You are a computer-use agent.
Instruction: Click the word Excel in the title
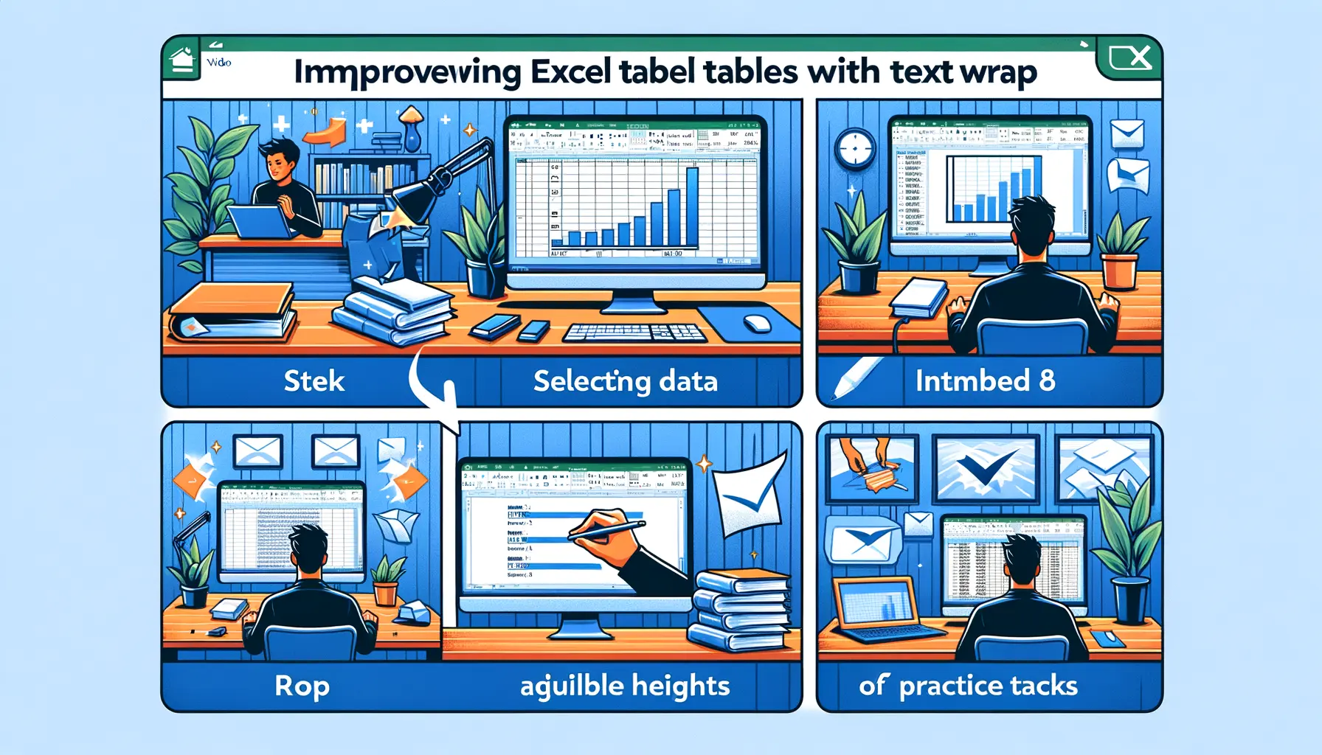(x=570, y=72)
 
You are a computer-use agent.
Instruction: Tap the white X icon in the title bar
(x=1130, y=58)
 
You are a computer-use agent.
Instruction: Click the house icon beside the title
(x=181, y=59)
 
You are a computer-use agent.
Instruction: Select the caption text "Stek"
(x=314, y=381)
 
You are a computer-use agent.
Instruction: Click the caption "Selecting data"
(x=625, y=381)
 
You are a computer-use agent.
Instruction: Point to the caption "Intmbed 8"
(x=985, y=380)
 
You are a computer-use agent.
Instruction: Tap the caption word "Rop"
(x=302, y=686)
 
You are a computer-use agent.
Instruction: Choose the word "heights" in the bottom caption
(x=680, y=686)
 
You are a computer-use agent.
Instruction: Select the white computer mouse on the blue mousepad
(x=757, y=324)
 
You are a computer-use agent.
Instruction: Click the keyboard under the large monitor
(x=635, y=333)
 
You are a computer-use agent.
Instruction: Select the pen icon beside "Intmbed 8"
(x=856, y=377)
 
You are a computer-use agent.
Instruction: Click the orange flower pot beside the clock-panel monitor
(x=1120, y=270)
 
